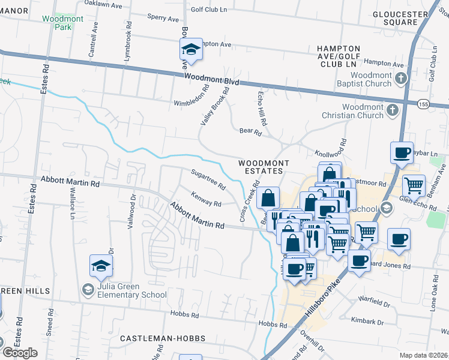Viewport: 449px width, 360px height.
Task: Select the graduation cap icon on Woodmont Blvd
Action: pyautogui.click(x=191, y=50)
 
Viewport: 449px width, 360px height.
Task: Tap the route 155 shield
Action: pyautogui.click(x=423, y=104)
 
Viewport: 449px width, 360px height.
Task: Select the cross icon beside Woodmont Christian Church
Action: pyautogui.click(x=392, y=110)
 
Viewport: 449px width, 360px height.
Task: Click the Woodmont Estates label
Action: pyautogui.click(x=264, y=167)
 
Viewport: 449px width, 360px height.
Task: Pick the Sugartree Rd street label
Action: pyautogui.click(x=208, y=179)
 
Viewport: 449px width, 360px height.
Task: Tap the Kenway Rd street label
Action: pyautogui.click(x=206, y=199)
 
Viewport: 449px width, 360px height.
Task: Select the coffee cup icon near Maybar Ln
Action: pyautogui.click(x=402, y=153)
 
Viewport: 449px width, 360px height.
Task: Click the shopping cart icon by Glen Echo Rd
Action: pyautogui.click(x=413, y=185)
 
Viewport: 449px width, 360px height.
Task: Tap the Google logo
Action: pyautogui.click(x=20, y=353)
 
